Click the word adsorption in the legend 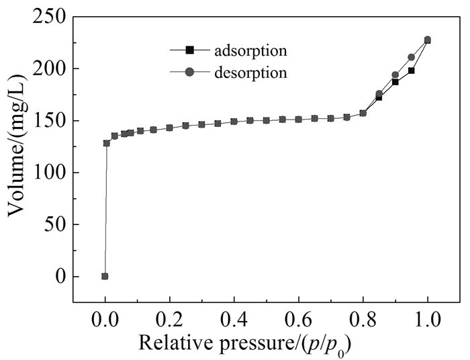(x=250, y=50)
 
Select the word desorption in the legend (x=250, y=72)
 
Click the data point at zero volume (x=105, y=276)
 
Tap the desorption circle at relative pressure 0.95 (x=412, y=57)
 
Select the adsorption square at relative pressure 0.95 (x=412, y=71)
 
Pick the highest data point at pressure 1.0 (x=428, y=40)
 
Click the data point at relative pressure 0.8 (x=363, y=113)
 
